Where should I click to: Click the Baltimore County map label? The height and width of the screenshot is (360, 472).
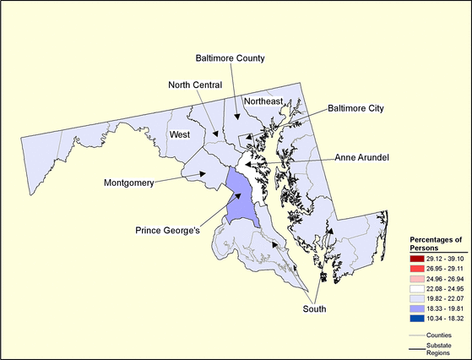click(x=230, y=58)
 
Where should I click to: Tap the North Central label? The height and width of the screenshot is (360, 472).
click(x=194, y=85)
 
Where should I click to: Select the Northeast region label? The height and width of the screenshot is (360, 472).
click(x=263, y=101)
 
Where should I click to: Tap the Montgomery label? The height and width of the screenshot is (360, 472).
click(x=128, y=183)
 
